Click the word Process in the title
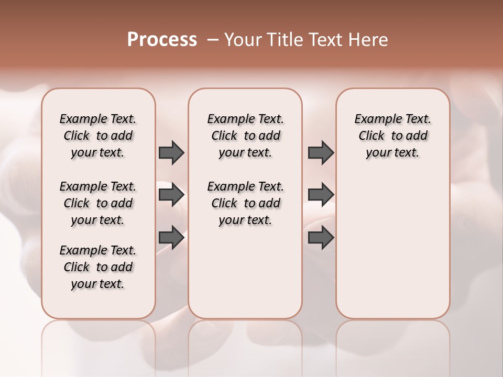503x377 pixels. (162, 40)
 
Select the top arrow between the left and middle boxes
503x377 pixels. (171, 152)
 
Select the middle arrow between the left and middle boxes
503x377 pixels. (171, 195)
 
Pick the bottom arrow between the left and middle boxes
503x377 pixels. (171, 237)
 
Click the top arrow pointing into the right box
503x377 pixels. (321, 152)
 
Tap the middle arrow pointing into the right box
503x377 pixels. (321, 195)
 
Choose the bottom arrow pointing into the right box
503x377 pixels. (321, 237)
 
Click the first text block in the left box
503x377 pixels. (98, 136)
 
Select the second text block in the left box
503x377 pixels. (98, 203)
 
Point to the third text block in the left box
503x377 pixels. (98, 267)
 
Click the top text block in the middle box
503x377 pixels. (245, 136)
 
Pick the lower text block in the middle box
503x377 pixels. (245, 203)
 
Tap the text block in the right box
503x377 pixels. (392, 136)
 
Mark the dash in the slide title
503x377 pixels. (213, 40)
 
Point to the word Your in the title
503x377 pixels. (243, 40)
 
